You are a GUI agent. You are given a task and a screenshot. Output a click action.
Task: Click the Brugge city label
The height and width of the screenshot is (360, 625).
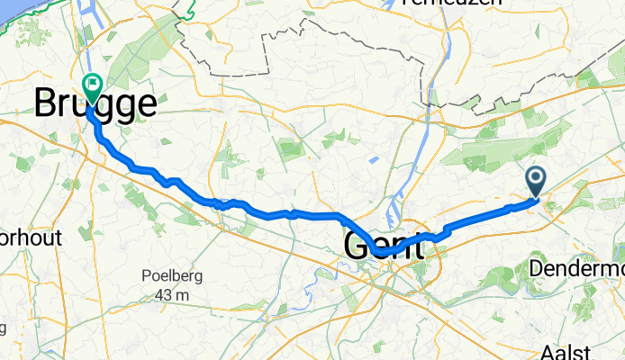[94, 104]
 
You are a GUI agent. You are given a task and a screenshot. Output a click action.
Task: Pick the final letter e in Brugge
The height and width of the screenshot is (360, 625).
[144, 104]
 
